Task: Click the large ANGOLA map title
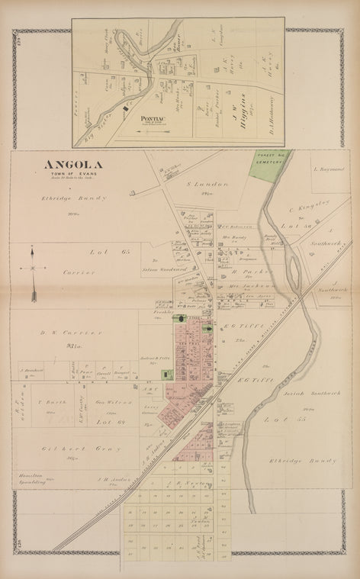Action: click(73, 164)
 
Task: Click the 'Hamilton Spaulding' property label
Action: click(30, 478)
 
